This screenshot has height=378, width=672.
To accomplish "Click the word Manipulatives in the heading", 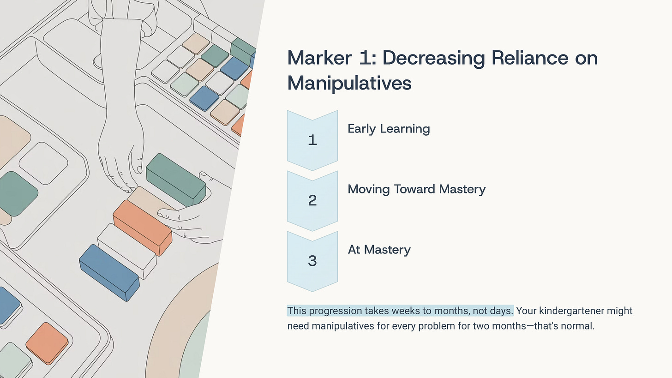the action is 349,84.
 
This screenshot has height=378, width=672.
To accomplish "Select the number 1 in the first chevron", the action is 312,140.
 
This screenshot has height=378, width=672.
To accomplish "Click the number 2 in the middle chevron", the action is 312,200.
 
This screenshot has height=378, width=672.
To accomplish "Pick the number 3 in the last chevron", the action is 312,261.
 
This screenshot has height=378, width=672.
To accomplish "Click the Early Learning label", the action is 389,129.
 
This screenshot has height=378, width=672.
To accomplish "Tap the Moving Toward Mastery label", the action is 416,189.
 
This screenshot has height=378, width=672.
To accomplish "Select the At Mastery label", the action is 379,250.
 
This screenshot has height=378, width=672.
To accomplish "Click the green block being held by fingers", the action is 175,180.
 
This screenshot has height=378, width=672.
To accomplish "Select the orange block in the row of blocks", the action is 142,227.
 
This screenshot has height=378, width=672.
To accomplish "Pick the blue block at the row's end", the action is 109,272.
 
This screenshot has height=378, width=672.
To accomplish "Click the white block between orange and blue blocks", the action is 126,250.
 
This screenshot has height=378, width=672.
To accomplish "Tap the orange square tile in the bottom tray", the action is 47,342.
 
